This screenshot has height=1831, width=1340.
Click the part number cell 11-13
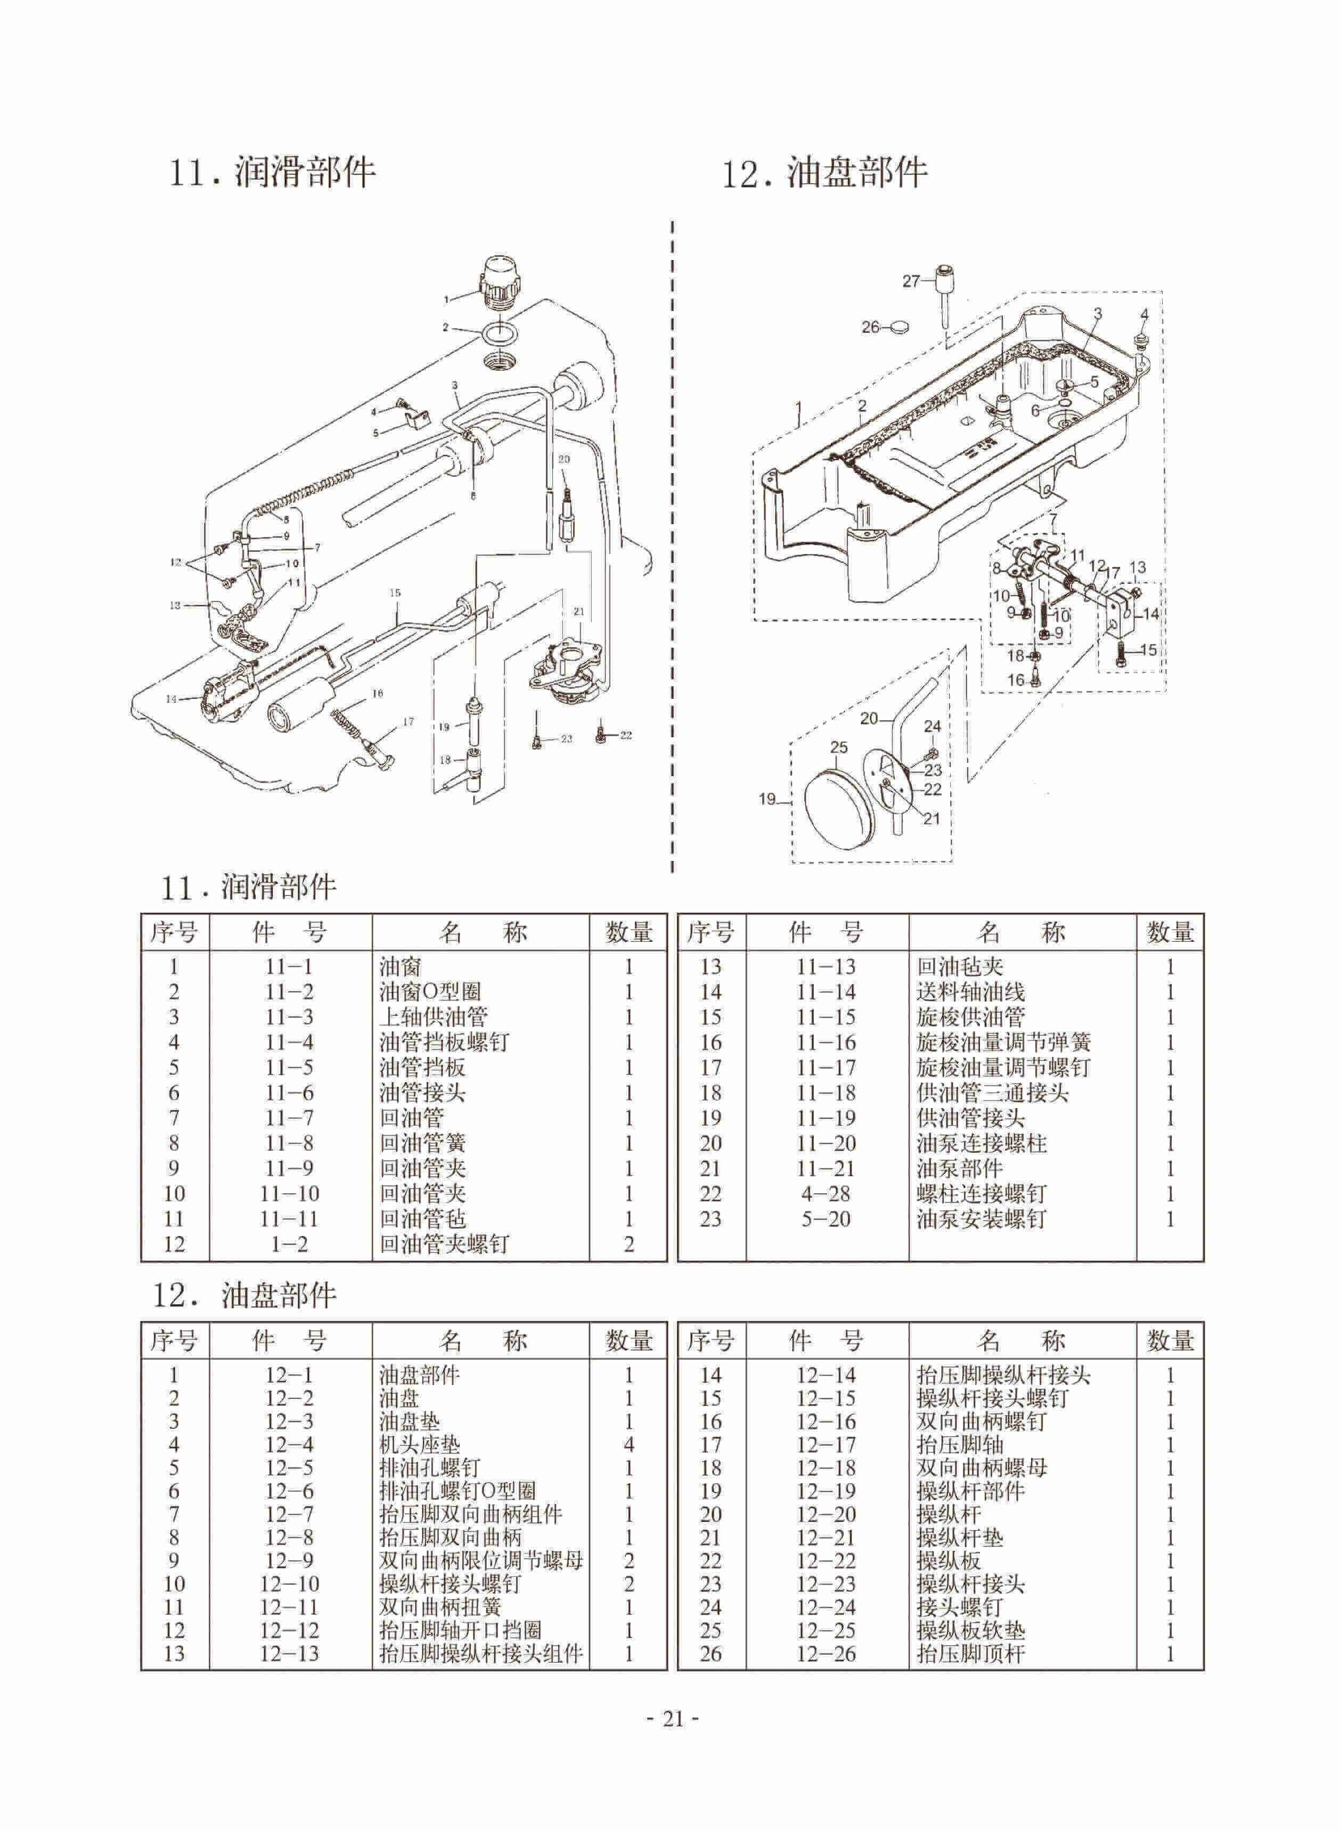(826, 967)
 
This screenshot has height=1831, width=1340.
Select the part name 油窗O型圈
(430, 992)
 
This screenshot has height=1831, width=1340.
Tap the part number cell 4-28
(826, 1194)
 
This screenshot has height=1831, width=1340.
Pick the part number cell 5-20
(826, 1219)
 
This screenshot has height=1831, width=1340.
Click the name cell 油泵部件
(960, 1169)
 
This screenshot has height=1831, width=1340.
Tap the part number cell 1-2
(289, 1244)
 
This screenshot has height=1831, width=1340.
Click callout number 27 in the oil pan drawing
(911, 281)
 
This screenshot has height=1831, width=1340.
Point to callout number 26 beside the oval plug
(870, 327)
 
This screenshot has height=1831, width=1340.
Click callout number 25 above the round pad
(839, 747)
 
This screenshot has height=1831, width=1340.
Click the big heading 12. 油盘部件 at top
(825, 174)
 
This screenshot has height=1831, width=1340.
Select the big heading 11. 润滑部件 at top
(272, 172)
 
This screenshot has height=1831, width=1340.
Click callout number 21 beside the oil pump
(578, 611)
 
